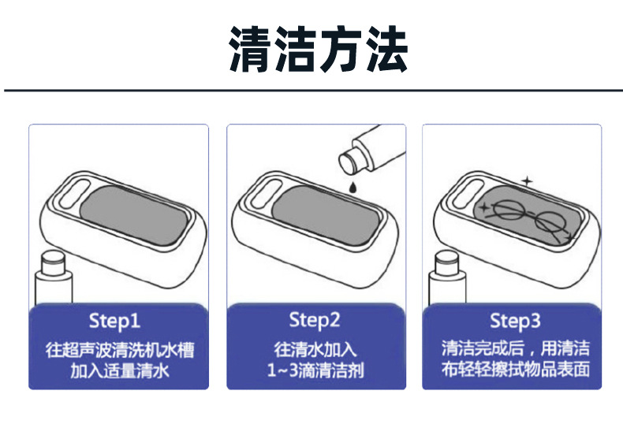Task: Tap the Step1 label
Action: (x=115, y=321)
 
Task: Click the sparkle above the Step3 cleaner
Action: (x=528, y=180)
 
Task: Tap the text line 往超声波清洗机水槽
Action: (x=119, y=350)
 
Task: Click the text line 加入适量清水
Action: (x=119, y=370)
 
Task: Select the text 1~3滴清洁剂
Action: (x=315, y=370)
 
